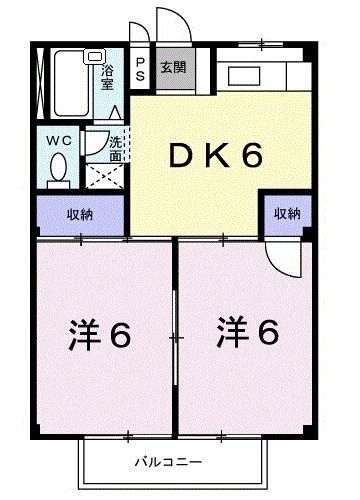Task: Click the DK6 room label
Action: coord(214,156)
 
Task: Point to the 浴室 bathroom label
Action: coord(108,77)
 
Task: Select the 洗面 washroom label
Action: coord(116,149)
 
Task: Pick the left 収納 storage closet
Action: coord(81,214)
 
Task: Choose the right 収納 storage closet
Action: coord(288,214)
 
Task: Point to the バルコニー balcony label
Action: coord(169,462)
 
